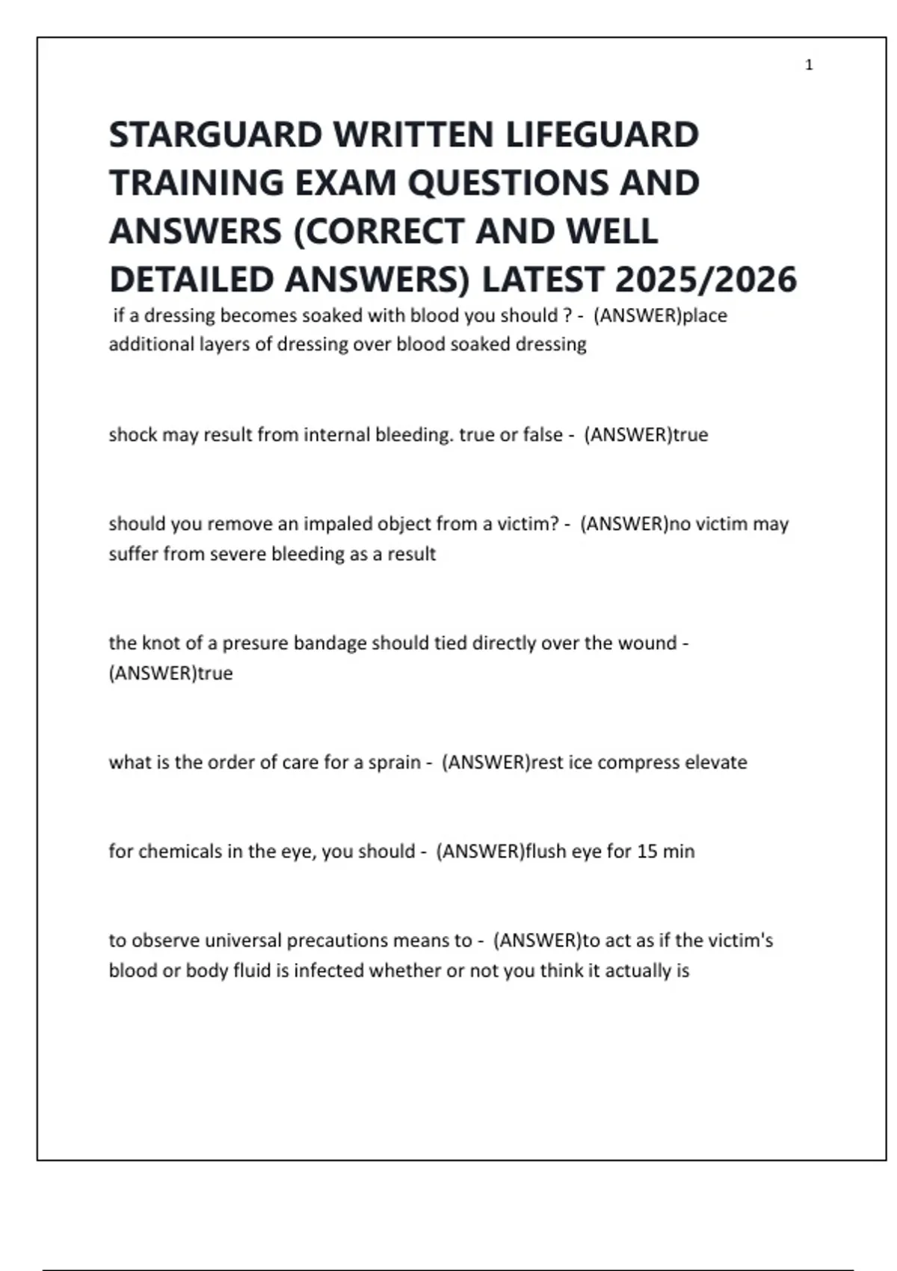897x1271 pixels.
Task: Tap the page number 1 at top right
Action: [x=809, y=65]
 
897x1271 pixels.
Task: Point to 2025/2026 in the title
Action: [x=706, y=280]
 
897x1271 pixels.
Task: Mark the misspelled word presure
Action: [x=254, y=643]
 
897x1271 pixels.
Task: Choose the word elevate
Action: [x=718, y=763]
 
